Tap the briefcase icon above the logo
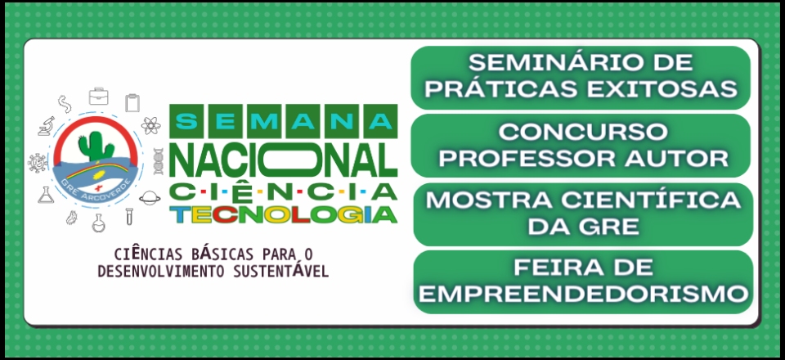coord(99,96)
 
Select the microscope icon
coord(47,126)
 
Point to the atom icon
coord(150,125)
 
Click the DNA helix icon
coord(158,161)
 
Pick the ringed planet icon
coord(150,198)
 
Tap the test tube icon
coord(129,216)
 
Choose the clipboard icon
coord(132,102)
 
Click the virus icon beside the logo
coord(37,163)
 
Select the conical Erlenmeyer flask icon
coord(46,196)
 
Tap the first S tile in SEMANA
coord(186,121)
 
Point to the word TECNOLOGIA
coord(284,214)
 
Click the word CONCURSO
coord(583,133)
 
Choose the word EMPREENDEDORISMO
coord(583,294)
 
